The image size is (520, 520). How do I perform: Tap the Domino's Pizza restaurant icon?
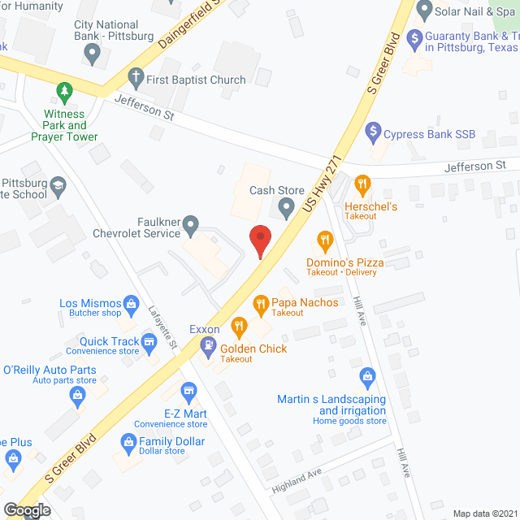(x=325, y=240)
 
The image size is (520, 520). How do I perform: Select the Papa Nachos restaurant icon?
(x=261, y=305)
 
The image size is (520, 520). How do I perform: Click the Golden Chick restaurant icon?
(x=239, y=327)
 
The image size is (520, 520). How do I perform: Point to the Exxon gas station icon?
(x=208, y=345)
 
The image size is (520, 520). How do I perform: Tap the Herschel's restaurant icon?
(x=362, y=184)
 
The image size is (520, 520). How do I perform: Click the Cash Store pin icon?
(x=286, y=209)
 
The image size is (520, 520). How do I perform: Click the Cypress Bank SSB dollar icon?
(x=373, y=129)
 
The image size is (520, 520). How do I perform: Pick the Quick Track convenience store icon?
(x=149, y=344)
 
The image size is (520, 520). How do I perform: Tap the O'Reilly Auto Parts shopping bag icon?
(x=78, y=396)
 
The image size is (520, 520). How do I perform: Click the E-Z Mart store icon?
(x=188, y=393)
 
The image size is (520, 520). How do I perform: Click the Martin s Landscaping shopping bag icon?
(x=368, y=376)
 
